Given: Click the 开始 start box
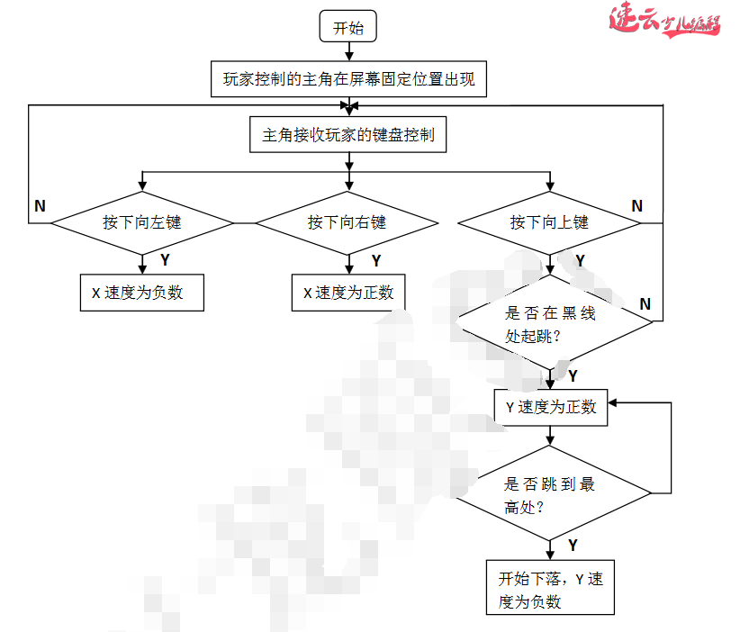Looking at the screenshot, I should pos(348,27).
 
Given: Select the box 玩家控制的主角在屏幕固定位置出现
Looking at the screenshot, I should pos(348,80).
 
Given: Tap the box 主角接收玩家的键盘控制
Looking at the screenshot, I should pos(348,135).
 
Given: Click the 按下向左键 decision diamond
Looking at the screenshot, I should pos(141,222).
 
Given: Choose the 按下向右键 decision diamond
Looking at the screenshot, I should pos(347,222).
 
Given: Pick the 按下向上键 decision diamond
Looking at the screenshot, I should pos(549,222).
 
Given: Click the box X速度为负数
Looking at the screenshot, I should pos(141,293).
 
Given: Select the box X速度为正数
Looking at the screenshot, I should pos(347,293).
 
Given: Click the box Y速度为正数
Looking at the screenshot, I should pos(551,407).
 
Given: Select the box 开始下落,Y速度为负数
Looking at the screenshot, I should pos(550,590).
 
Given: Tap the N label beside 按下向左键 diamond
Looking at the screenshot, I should pos(40,206).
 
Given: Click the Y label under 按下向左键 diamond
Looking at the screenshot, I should pos(165,260).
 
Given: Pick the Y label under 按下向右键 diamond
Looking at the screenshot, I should pos(375,260).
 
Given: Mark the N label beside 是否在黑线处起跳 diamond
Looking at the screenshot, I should pos(645,304).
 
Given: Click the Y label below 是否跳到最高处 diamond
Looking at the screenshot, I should pos(573,545).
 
